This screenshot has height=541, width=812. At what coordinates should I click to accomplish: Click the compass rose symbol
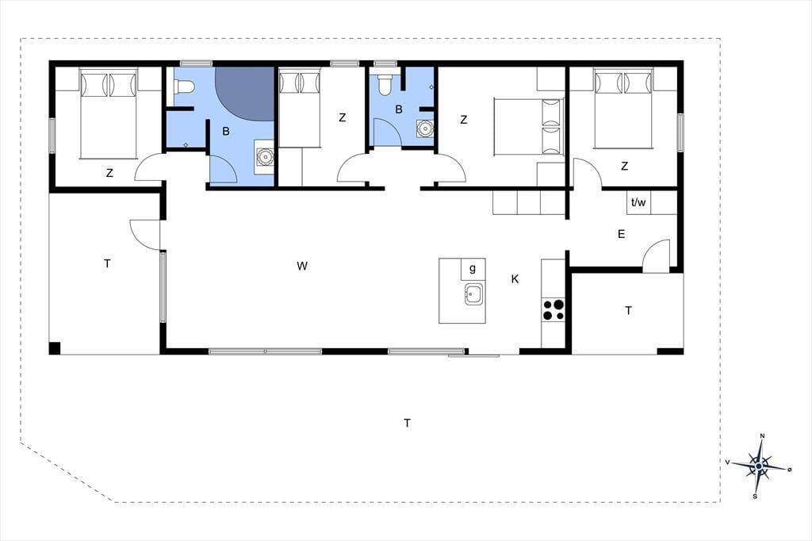pos(759,466)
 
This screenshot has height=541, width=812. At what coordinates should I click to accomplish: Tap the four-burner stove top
pos(553,309)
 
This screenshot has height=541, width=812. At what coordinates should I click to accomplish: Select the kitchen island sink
pos(473,294)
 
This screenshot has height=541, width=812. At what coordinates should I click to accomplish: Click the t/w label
pos(638,202)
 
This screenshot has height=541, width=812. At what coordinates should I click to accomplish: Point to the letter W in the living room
pos(302,267)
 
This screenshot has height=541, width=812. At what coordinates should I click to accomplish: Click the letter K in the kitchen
pos(515,279)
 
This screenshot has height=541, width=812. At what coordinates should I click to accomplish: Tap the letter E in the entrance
pos(622,234)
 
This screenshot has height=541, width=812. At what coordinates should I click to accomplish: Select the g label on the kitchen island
pos(473,268)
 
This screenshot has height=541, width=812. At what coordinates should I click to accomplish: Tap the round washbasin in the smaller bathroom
pos(426,128)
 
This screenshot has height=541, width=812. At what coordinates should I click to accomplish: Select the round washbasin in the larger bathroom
pos(265,156)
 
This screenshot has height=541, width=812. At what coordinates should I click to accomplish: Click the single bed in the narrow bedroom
pos(300,109)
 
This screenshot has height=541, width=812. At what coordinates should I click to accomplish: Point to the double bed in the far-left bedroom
pos(108,114)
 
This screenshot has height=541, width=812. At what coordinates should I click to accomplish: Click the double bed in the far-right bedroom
pos(623,109)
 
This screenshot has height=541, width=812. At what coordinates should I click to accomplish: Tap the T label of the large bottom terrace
pos(408,424)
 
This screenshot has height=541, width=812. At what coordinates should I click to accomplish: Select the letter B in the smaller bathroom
pos(399,109)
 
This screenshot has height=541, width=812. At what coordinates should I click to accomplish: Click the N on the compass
pos(762,436)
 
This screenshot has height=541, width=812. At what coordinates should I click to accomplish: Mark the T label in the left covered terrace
pos(107,264)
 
